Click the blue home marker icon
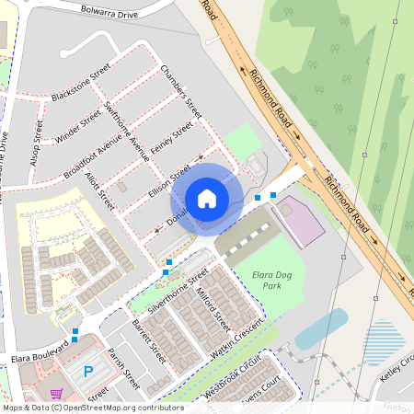tap(207, 198)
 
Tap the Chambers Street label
tap(179, 89)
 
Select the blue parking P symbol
tap(88, 372)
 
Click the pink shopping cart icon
tap(56, 393)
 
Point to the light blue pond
tap(322, 324)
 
